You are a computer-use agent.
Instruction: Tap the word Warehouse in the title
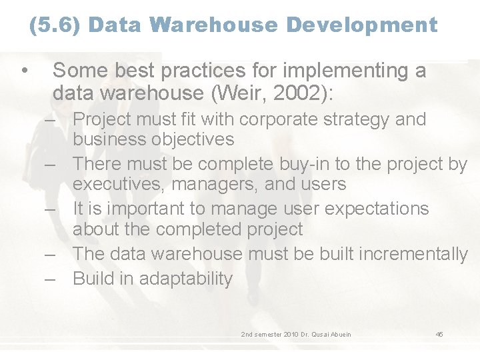point(215,25)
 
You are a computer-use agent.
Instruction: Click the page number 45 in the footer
point(439,334)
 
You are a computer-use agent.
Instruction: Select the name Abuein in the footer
point(337,334)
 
